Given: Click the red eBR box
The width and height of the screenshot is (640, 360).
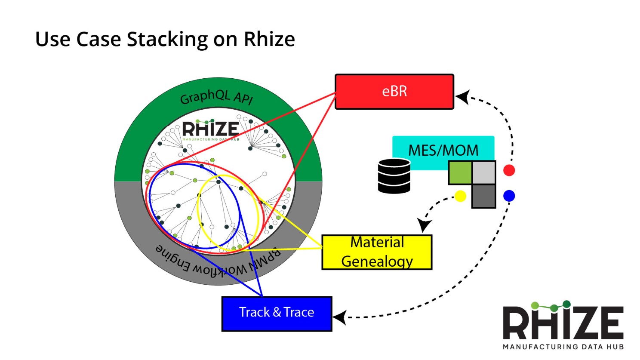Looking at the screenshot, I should pos(394,92).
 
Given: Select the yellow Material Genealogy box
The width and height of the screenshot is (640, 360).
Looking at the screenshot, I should pos(377,252).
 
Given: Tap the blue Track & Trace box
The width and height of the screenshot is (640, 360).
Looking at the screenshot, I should pos(277,314).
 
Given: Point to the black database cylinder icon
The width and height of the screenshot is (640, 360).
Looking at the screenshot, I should pos(394,176).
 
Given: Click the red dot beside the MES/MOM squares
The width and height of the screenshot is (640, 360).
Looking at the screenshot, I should pos(509,170).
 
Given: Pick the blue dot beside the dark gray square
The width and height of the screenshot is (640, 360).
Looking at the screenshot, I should pos(509,196).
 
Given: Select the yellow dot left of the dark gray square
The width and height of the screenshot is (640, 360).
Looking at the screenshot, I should pos(460,196).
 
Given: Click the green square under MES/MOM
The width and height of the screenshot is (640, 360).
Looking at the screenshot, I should pos(460,172).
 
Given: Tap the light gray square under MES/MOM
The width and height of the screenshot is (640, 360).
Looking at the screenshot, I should pos(484,172).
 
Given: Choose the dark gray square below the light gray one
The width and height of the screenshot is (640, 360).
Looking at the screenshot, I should pos(484,196).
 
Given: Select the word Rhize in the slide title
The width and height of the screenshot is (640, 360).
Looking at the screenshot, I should pos(269,39).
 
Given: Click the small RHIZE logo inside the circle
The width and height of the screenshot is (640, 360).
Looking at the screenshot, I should pos(210,129).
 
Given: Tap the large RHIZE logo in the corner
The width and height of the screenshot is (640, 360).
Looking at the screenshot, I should pos(563,325).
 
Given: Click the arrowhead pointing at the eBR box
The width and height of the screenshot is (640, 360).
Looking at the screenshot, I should pos(462,98).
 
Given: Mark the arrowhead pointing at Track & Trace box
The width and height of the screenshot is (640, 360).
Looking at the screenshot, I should pos(339,318).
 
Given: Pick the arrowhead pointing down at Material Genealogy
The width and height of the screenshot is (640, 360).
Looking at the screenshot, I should pos(424,225).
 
